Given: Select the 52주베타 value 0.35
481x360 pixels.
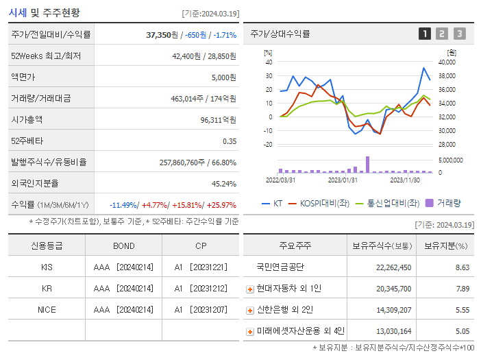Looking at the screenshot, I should pos(229,141).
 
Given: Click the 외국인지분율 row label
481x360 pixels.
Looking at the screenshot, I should pos(35,183).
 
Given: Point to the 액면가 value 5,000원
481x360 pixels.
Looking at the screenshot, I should pos(223,77).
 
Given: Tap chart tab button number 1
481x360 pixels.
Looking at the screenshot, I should pos(425,34).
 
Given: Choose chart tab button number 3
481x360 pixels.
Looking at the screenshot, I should pos(459,34).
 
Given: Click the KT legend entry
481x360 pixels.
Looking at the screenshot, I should pos(272,204).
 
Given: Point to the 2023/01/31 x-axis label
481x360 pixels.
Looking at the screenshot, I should pos(343,180).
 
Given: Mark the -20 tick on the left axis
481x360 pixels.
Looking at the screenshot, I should pos(268,145).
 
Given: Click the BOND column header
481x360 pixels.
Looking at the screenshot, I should pos(124,245).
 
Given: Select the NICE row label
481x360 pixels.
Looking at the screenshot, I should pos(47,310).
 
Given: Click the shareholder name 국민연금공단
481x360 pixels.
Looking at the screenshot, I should pos(280,267).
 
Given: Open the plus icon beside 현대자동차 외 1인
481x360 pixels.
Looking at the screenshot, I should pos(250,289).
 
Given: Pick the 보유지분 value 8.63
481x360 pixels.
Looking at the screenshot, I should pos(463,267).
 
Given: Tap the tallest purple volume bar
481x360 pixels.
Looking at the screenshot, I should pos(367,165).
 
